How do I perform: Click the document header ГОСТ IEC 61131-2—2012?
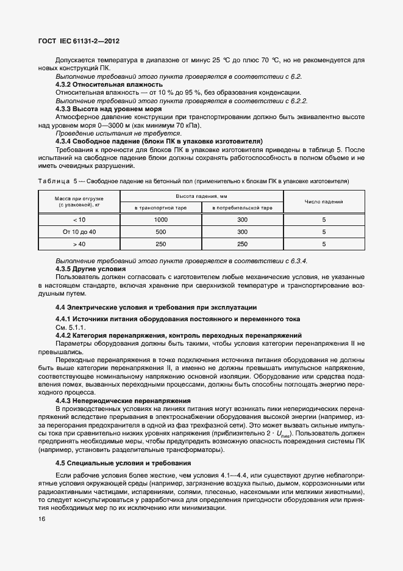(76, 41)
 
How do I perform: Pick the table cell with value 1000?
(161, 220)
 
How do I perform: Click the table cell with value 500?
(161, 232)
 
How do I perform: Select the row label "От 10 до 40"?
(79, 232)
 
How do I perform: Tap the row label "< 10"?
(79, 220)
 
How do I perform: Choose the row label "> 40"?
(79, 244)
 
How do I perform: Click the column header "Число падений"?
(324, 202)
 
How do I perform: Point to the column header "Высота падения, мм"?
(201, 196)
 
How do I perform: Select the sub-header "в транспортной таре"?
(161, 208)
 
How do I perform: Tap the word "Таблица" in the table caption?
(54, 181)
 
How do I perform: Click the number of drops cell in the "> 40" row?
(324, 244)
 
